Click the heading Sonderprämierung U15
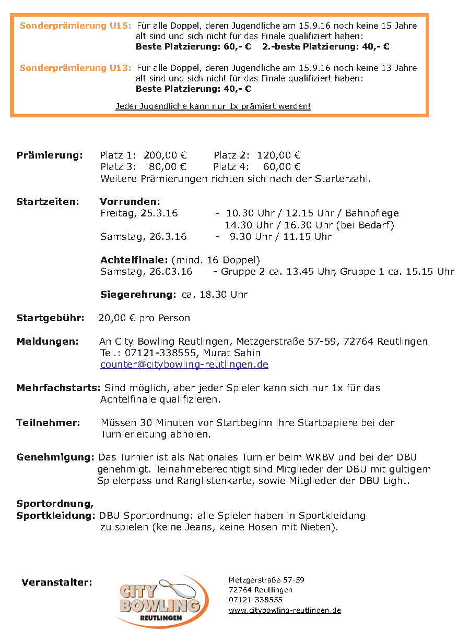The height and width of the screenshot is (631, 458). [75, 26]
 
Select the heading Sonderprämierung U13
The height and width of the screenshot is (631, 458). [75, 68]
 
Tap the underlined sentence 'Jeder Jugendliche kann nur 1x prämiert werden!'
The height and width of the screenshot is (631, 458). [213, 106]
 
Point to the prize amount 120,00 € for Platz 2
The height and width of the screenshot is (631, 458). [278, 155]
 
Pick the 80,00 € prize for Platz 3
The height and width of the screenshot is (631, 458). [168, 167]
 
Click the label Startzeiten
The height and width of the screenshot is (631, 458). [48, 201]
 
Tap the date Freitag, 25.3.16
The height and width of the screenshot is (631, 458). [139, 213]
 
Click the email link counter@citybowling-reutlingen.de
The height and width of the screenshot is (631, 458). [184, 365]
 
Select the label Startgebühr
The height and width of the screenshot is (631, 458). [50, 318]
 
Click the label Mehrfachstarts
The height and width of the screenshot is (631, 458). [58, 388]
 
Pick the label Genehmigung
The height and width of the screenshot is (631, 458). [55, 457]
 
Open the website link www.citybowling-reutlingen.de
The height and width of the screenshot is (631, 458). [285, 610]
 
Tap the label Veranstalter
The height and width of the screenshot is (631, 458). [57, 583]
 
